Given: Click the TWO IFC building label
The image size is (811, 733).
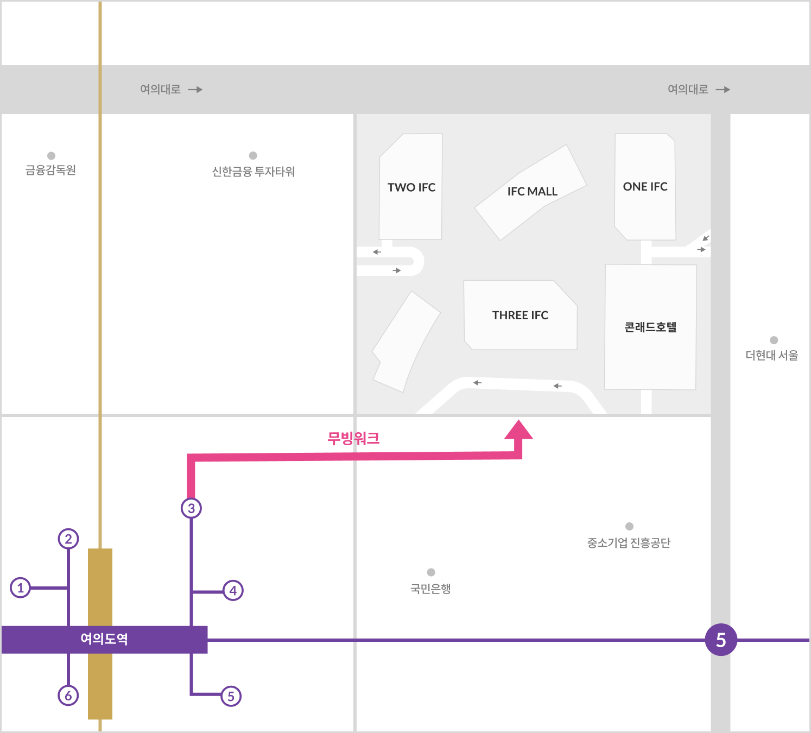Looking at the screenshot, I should (x=411, y=187).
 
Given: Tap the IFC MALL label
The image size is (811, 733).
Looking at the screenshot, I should (x=532, y=192).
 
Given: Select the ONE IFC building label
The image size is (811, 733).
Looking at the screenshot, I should (x=645, y=187).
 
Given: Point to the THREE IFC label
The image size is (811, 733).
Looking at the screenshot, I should (x=520, y=315).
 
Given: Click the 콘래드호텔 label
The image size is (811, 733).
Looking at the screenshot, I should (x=650, y=327).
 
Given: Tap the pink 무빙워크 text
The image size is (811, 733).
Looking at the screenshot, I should (x=353, y=438).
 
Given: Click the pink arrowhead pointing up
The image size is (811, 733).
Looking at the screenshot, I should (x=519, y=430).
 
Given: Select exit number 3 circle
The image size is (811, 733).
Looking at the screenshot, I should (x=191, y=508).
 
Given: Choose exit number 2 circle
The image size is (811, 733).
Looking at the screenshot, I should (x=68, y=539).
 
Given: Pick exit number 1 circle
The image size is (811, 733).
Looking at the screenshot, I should (x=21, y=587).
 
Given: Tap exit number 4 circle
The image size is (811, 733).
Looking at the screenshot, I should (x=233, y=590).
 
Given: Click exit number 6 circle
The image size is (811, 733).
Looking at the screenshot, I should (x=68, y=695).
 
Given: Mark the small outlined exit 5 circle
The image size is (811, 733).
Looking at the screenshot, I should (x=231, y=696).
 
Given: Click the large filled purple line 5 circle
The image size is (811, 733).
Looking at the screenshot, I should (x=721, y=640).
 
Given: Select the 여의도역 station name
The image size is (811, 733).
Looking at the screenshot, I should (x=104, y=639).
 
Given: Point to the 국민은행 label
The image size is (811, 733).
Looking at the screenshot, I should (x=430, y=589).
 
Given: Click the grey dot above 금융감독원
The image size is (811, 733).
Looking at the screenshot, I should (x=52, y=156).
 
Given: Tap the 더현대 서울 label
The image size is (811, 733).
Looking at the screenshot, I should (x=771, y=356).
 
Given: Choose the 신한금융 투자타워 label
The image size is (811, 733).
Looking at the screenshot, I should (x=253, y=172).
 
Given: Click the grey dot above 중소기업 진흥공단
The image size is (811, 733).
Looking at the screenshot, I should (x=629, y=526).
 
